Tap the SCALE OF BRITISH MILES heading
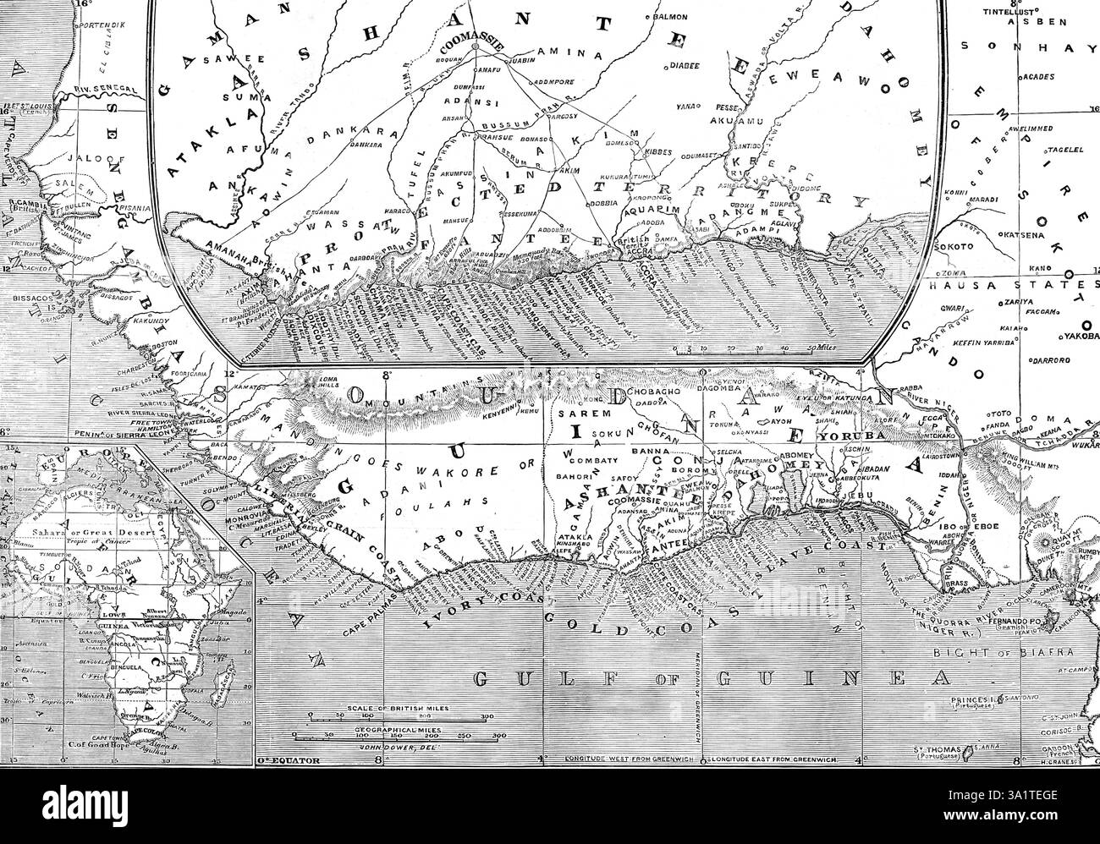pos(399,707)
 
